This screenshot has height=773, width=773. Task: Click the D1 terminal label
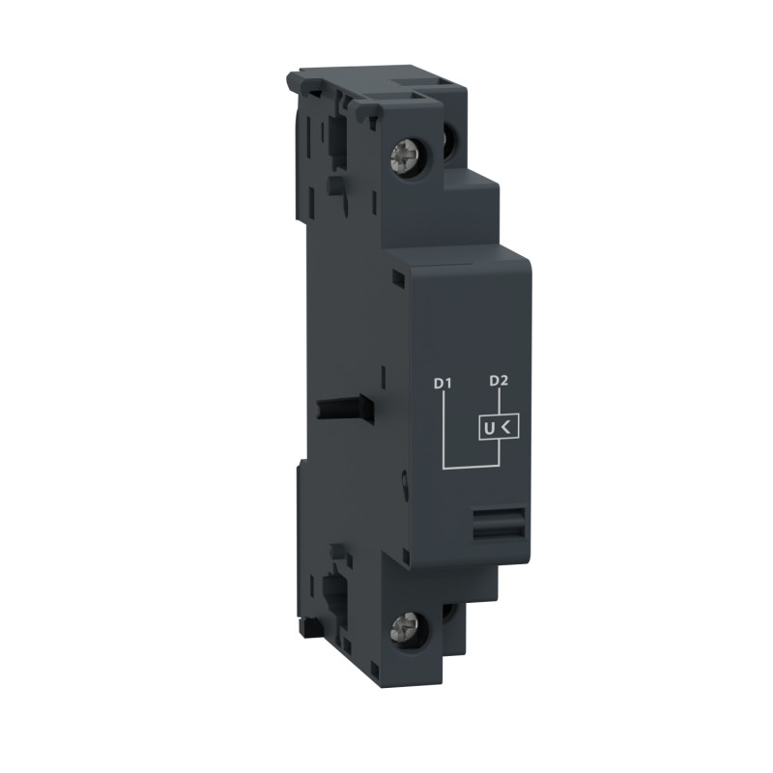click(x=443, y=383)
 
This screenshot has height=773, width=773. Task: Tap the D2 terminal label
click(x=499, y=381)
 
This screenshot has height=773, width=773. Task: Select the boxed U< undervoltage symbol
click(x=499, y=425)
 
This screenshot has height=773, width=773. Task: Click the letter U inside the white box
click(x=489, y=425)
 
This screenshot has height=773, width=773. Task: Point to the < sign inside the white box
click(x=508, y=425)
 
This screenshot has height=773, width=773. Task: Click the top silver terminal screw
click(x=403, y=154)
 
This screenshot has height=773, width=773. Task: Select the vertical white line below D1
click(x=443, y=430)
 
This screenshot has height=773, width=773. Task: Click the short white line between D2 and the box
click(x=499, y=401)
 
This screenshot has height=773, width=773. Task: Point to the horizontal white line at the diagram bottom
click(x=471, y=468)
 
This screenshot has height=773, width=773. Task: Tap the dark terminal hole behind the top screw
click(x=451, y=141)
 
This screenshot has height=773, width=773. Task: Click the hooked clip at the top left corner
click(x=295, y=81)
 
